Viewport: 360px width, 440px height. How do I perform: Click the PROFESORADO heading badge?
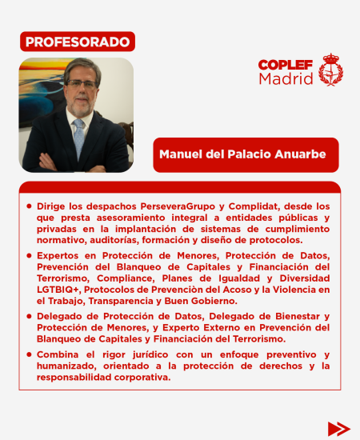click(x=77, y=41)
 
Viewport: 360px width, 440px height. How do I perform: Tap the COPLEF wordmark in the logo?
click(x=286, y=65)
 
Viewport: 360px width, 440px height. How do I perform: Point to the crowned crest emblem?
click(x=330, y=70)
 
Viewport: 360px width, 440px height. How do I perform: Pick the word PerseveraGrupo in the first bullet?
click(x=161, y=206)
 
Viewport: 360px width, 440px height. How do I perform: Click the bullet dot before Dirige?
click(x=30, y=206)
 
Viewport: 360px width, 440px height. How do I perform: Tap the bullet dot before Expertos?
click(x=30, y=255)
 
